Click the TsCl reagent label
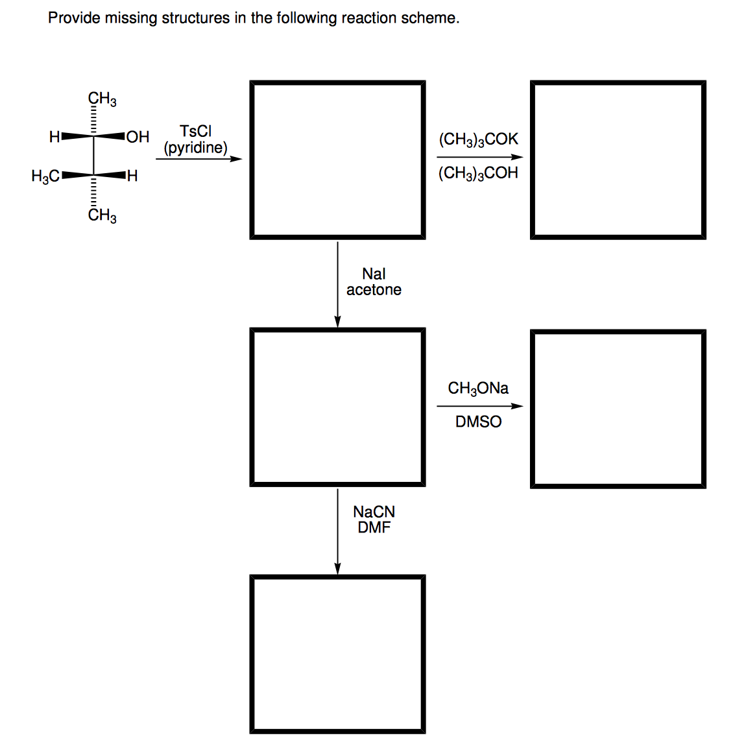click(x=195, y=131)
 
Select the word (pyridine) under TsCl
click(x=195, y=148)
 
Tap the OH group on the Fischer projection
click(x=138, y=137)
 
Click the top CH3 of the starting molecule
click(x=102, y=99)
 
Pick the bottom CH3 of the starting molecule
click(x=102, y=216)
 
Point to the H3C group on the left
click(x=45, y=176)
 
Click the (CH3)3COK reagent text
click(x=478, y=139)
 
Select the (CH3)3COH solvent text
click(x=478, y=173)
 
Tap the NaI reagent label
click(x=374, y=274)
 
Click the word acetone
click(x=374, y=290)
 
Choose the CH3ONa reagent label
click(x=478, y=389)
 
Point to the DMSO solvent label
click(x=478, y=422)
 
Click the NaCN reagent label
click(x=374, y=512)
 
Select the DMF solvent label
click(x=374, y=527)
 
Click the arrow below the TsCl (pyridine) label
click(x=199, y=159)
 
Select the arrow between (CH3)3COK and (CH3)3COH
click(x=479, y=157)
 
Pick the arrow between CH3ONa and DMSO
click(x=479, y=406)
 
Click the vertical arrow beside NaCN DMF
click(x=337, y=532)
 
